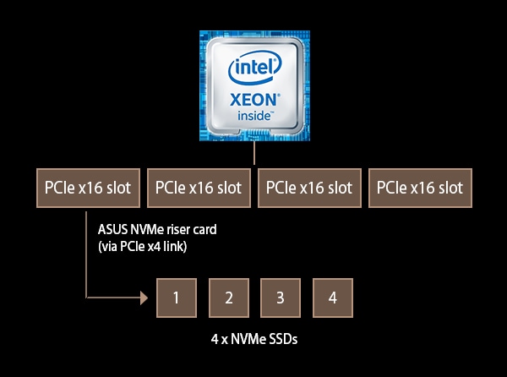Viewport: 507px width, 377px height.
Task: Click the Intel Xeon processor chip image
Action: coord(253,85)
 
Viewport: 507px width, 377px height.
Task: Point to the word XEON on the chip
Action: coord(253,97)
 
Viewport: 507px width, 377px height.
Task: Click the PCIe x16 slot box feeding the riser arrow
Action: coord(87,188)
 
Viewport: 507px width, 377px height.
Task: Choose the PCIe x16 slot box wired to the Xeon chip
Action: coord(308,188)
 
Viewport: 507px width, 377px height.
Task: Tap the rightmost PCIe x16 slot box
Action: coord(420,188)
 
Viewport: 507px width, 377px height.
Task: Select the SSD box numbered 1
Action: coord(176,298)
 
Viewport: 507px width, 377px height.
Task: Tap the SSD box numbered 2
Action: coord(228,298)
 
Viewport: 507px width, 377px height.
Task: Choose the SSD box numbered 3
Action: coord(281,298)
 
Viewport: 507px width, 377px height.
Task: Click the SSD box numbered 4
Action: coord(332,298)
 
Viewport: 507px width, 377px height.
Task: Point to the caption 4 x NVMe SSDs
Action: coord(253,340)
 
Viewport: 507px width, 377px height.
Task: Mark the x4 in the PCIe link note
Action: coord(161,246)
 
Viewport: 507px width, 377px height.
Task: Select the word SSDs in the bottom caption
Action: coord(281,340)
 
